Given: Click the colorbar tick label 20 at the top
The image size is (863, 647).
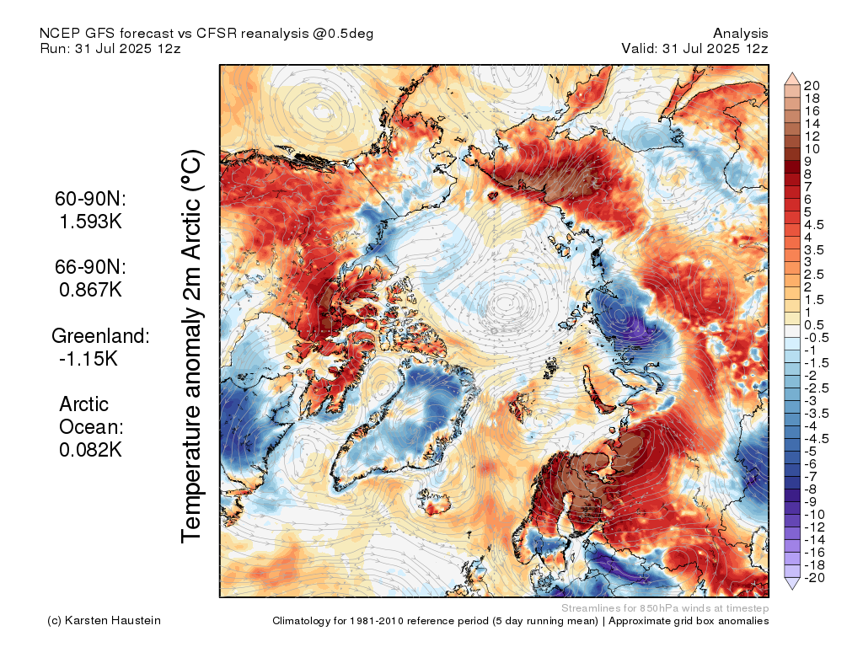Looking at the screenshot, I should click(812, 86).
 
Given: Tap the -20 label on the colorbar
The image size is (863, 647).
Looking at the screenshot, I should click(813, 577).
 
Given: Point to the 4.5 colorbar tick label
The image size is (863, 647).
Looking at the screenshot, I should click(813, 224).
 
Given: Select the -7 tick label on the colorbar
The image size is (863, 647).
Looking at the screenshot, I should click(810, 476).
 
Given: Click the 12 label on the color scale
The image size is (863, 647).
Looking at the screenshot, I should click(812, 136).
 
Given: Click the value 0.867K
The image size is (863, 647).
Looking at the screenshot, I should click(91, 290).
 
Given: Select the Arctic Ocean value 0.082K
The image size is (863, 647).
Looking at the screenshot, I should click(91, 450).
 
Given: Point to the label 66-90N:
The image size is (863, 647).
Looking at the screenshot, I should click(91, 267).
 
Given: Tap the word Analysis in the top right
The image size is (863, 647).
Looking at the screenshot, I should click(741, 33).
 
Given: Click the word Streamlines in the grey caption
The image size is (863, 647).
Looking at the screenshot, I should click(587, 607).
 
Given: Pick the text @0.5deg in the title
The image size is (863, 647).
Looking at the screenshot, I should click(343, 33).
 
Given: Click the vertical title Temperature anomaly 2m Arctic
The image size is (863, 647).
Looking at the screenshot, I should click(193, 346).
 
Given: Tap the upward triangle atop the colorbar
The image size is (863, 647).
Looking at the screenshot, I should click(793, 78).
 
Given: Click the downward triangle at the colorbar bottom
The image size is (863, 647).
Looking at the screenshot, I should click(793, 584).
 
